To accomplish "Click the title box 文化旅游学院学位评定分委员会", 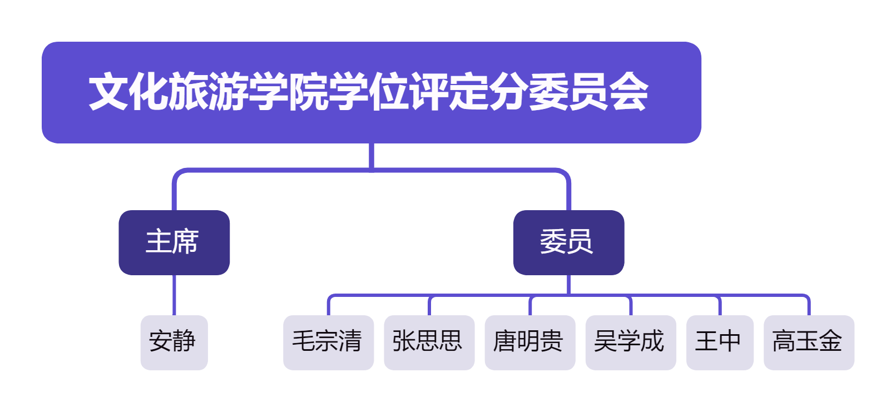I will pyautogui.click(x=371, y=92).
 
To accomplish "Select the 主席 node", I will pyautogui.click(x=174, y=242).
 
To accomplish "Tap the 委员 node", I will pyautogui.click(x=568, y=242).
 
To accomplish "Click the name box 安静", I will pyautogui.click(x=174, y=342).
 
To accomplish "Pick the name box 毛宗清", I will pyautogui.click(x=328, y=342).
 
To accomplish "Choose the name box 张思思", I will pyautogui.click(x=429, y=342).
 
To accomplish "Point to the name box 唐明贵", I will pyautogui.click(x=529, y=342).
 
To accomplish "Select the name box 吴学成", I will pyautogui.click(x=630, y=342).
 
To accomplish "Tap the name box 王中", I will pyautogui.click(x=719, y=342).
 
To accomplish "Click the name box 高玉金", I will pyautogui.click(x=808, y=342).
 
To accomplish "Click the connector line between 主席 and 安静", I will pyautogui.click(x=174, y=295).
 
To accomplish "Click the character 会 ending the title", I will pyautogui.click(x=628, y=92).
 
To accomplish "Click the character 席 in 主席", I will pyautogui.click(x=186, y=242).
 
